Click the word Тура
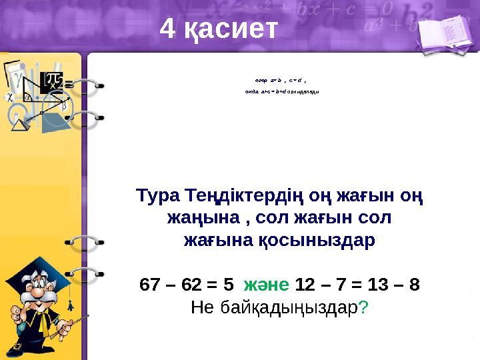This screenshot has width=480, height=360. (156, 197)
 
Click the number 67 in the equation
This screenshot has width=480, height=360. (152, 285)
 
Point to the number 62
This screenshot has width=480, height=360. (191, 285)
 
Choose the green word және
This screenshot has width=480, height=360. (266, 285)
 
